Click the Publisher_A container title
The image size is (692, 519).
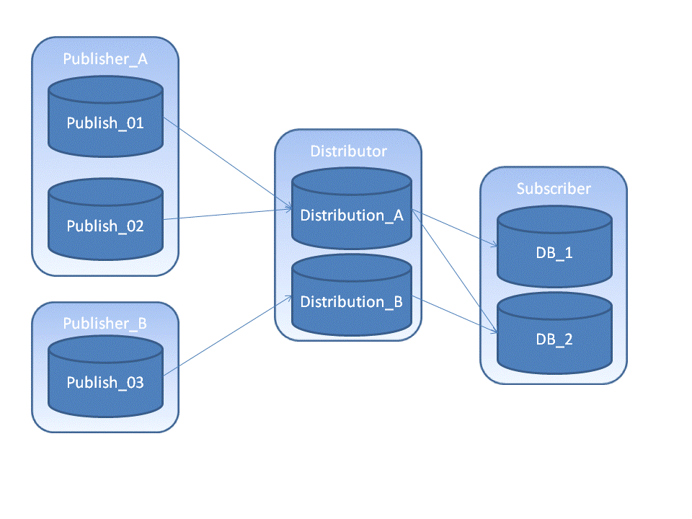pyautogui.click(x=105, y=59)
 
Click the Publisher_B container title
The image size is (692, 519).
pyautogui.click(x=105, y=324)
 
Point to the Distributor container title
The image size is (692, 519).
pyautogui.click(x=348, y=151)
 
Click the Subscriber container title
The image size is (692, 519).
pyautogui.click(x=554, y=189)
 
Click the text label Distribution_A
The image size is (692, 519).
pyautogui.click(x=351, y=216)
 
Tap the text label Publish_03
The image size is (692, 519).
pyautogui.click(x=105, y=383)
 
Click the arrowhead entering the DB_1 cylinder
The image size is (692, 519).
pyautogui.click(x=494, y=246)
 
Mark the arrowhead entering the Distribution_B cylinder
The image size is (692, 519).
pyautogui.click(x=288, y=298)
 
